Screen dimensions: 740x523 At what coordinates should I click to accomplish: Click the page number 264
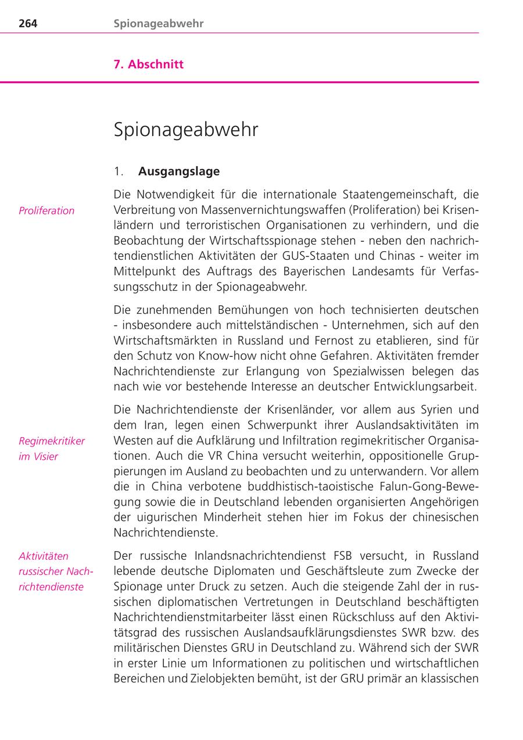[28, 24]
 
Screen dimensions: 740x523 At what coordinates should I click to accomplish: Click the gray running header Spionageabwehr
[159, 24]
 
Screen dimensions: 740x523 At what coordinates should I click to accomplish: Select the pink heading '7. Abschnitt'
[148, 65]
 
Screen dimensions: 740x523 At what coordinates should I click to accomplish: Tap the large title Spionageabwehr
[185, 130]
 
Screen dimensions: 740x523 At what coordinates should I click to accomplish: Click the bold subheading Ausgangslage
[179, 171]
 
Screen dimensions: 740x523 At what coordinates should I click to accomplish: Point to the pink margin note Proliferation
[46, 210]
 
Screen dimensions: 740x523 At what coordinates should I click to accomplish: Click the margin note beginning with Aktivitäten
[56, 571]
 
